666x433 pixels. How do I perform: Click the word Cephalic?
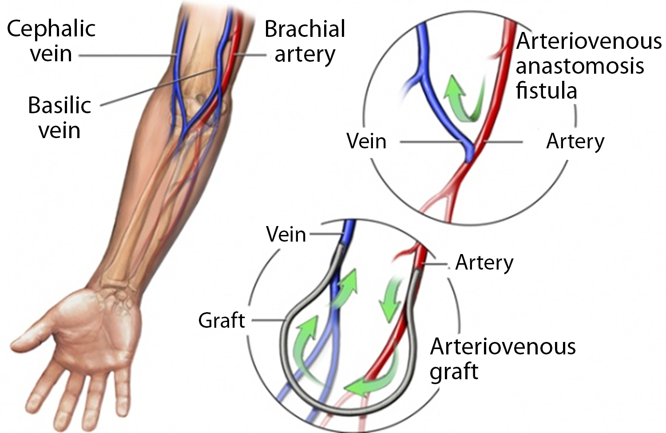pyautogui.click(x=51, y=29)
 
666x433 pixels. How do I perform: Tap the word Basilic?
pyautogui.click(x=59, y=106)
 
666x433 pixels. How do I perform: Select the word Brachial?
pyautogui.click(x=305, y=29)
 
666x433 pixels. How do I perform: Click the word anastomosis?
pyautogui.click(x=580, y=66)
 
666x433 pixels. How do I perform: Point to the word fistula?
pyautogui.click(x=546, y=91)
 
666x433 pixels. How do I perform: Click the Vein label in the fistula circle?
pyautogui.click(x=366, y=142)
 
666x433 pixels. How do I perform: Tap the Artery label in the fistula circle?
pyautogui.click(x=575, y=142)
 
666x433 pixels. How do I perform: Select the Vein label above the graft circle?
pyautogui.click(x=286, y=234)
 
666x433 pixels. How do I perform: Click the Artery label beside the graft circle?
pyautogui.click(x=484, y=263)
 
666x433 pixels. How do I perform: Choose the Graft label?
pyautogui.click(x=221, y=320)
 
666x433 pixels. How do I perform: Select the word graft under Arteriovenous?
pyautogui.click(x=454, y=371)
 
